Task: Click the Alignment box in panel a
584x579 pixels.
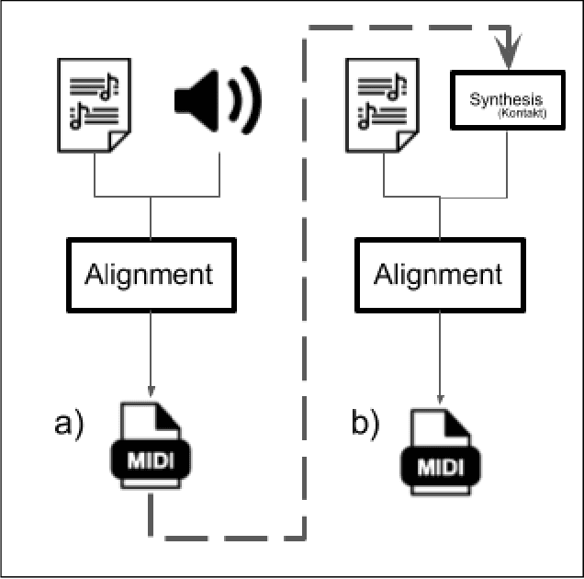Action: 149,274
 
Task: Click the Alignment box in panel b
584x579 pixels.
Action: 440,274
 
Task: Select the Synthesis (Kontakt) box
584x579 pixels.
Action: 507,103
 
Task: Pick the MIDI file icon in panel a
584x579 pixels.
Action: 151,449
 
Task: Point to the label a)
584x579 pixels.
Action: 70,424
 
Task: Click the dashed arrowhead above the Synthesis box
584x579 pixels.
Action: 507,43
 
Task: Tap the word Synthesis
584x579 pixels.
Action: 506,98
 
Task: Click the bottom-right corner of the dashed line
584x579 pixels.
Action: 303,535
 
